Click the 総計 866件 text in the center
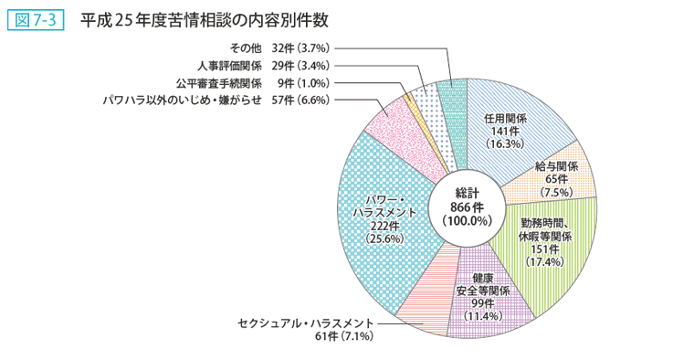[467, 206]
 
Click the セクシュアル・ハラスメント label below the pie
[305, 324]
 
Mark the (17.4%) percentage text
[547, 261]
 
